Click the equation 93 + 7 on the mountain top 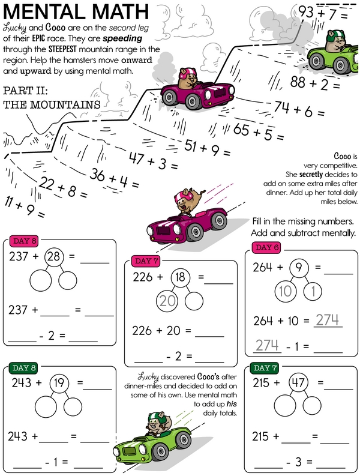click(323, 13)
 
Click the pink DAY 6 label click(266, 247)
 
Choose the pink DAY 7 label click(146, 261)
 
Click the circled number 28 click(54, 256)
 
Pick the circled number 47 click(298, 382)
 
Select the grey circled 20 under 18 click(167, 301)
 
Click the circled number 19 click(59, 383)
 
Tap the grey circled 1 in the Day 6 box click(313, 291)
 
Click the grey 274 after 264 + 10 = click(327, 320)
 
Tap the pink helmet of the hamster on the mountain click(185, 74)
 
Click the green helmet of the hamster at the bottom click(158, 418)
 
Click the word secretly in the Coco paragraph click(311, 174)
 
